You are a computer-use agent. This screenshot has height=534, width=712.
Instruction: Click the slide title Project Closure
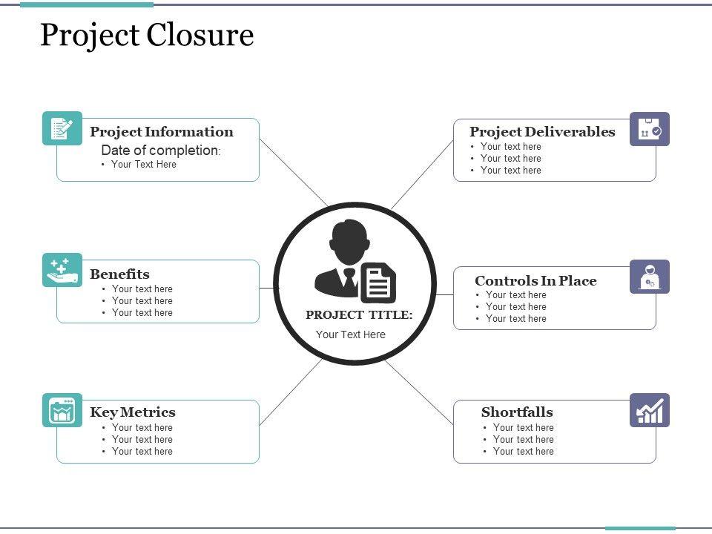pos(147,35)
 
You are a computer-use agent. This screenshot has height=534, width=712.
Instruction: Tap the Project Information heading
pos(161,132)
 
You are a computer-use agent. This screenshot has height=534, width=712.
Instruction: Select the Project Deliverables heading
pos(542,132)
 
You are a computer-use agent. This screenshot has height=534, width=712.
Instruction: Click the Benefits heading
pos(119,274)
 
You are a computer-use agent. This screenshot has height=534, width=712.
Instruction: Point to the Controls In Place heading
pos(535,281)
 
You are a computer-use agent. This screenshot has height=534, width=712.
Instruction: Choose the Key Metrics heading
pos(133,412)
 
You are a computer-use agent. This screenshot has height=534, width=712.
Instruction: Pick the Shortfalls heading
pos(517,412)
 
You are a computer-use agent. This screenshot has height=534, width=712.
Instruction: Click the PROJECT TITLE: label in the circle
pos(359,315)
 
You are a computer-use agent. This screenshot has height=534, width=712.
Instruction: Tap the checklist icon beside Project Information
pos(62,128)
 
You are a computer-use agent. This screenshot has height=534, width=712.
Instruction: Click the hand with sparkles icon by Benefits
pos(62,270)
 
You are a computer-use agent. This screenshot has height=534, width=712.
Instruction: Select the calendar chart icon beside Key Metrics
pos(62,410)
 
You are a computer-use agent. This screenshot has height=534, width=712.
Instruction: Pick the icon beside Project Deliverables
pos(650,129)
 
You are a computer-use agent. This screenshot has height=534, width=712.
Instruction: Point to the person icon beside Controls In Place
pos(650,277)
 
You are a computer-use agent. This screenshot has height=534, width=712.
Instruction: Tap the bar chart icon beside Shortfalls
pos(650,410)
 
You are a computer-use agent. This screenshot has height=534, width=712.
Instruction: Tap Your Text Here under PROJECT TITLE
pos(351,334)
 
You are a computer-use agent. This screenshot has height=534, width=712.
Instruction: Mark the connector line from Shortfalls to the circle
pos(419,392)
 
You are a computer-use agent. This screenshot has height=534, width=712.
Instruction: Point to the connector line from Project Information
pos(293,172)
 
